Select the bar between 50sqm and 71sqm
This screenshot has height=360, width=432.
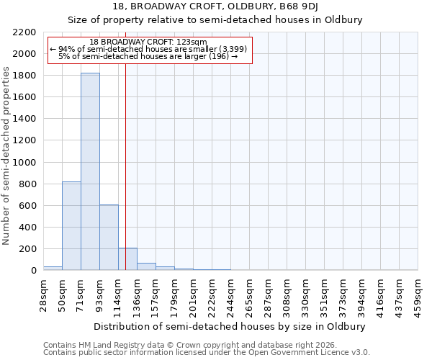point(71,226)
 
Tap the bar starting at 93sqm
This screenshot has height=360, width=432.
point(109,238)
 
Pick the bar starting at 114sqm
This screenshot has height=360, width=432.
point(127,259)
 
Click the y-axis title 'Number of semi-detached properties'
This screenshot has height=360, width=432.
point(6,156)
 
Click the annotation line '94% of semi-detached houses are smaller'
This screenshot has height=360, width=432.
point(149,49)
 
